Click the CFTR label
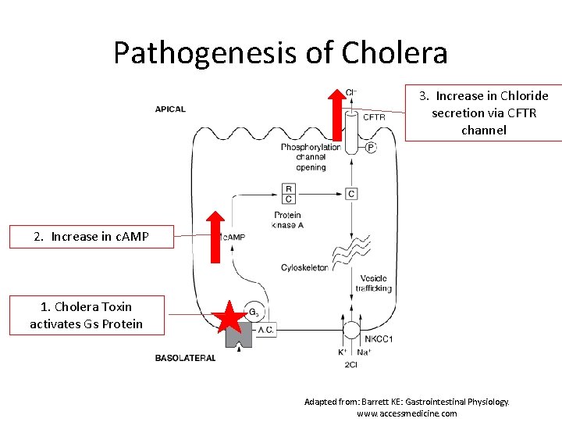tap(373, 117)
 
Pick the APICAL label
tap(170, 109)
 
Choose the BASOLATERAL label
tap(185, 358)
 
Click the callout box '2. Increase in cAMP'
tap(91, 237)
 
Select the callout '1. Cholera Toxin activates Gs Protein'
tap(87, 315)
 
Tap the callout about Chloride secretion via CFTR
tap(483, 113)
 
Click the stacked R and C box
tap(289, 193)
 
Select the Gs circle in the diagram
tap(254, 311)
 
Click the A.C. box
tap(265, 329)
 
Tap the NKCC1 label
tap(379, 339)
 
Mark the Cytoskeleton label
tap(304, 268)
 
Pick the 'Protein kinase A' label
tap(287, 220)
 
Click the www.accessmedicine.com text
tap(407, 413)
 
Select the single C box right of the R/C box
tap(352, 193)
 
